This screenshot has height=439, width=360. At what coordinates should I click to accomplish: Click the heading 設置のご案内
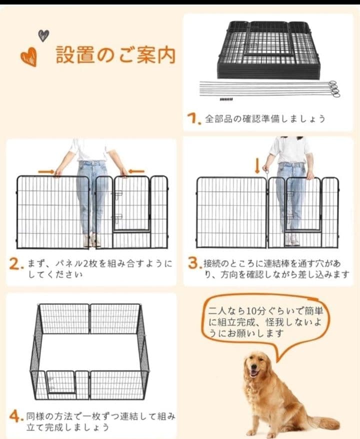pyautogui.click(x=115, y=55)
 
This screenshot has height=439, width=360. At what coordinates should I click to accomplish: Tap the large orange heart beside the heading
pyautogui.click(x=28, y=57)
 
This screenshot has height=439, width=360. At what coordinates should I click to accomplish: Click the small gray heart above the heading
pyautogui.click(x=43, y=35)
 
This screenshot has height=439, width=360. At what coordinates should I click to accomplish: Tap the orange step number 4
pyautogui.click(x=15, y=416)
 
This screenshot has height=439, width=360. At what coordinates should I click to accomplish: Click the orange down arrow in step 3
pyautogui.click(x=257, y=165)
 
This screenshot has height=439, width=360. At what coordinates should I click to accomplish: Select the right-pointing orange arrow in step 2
pyautogui.click(x=46, y=171)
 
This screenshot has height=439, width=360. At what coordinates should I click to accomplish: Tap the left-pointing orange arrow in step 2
pyautogui.click(x=136, y=171)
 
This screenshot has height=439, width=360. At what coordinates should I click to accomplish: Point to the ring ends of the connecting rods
pyautogui.click(x=333, y=88)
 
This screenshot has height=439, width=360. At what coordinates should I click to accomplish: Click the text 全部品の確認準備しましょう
pyautogui.click(x=265, y=119)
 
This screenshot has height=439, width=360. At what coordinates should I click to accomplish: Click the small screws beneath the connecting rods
pyautogui.click(x=226, y=99)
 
